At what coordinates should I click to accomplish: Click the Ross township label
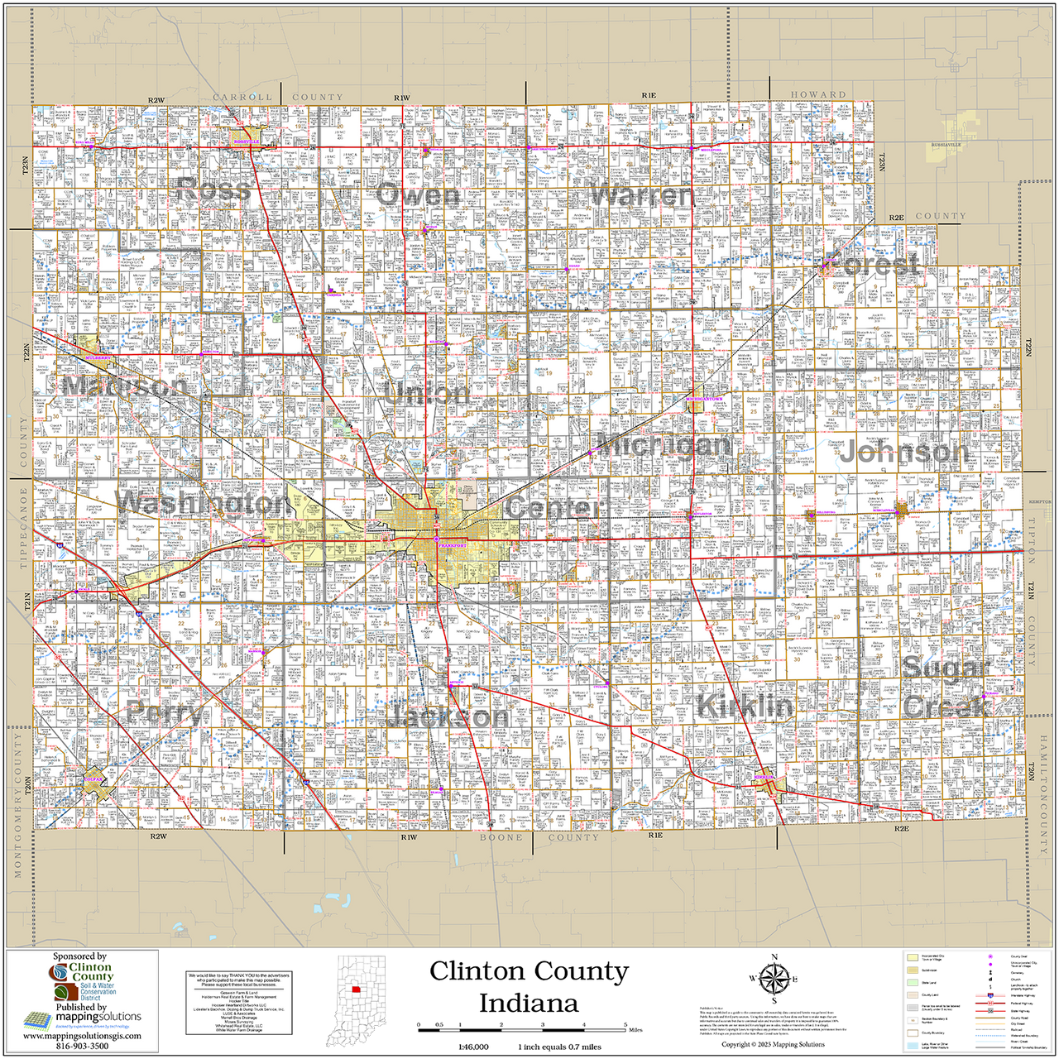[x=213, y=191]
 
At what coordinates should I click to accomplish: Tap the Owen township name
[x=418, y=195]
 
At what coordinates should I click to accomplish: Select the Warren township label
[x=640, y=196]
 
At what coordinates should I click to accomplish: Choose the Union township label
[x=427, y=394]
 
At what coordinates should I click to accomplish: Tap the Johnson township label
[x=903, y=452]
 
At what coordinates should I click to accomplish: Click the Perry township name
[x=164, y=713]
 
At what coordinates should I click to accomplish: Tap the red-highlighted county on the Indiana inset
[x=355, y=988]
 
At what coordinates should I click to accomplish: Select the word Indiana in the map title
[x=529, y=1004]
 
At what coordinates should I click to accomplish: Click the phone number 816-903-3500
[x=82, y=1047]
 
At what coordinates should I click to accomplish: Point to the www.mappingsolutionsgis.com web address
[x=82, y=1036]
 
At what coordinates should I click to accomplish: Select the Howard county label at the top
[x=818, y=95]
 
